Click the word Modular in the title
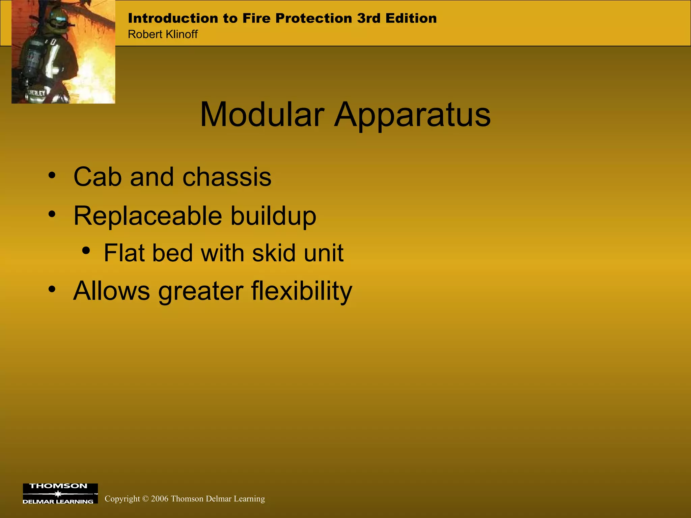[262, 115]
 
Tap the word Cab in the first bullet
[97, 177]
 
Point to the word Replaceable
[148, 216]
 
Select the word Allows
[111, 291]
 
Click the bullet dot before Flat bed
[86, 251]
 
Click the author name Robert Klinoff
[163, 34]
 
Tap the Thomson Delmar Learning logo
[60, 493]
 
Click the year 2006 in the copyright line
[160, 499]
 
